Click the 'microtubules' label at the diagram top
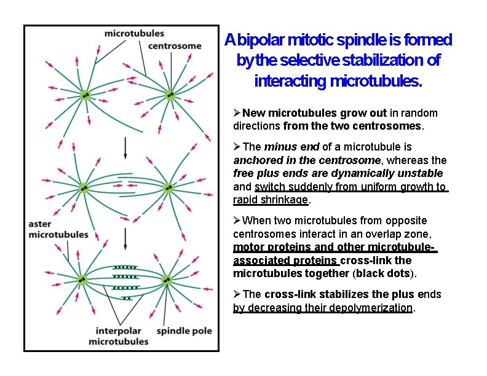[134, 33]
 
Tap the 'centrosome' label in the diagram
[175, 45]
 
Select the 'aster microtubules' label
[58, 229]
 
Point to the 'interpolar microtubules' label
[118, 335]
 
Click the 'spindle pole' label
[184, 331]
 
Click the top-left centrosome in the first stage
[85, 95]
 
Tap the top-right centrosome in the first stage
[170, 95]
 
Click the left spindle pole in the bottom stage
[82, 280]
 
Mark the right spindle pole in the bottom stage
[167, 280]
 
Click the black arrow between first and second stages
[125, 147]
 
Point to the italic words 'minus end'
[286, 147]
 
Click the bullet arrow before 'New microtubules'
[237, 113]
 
